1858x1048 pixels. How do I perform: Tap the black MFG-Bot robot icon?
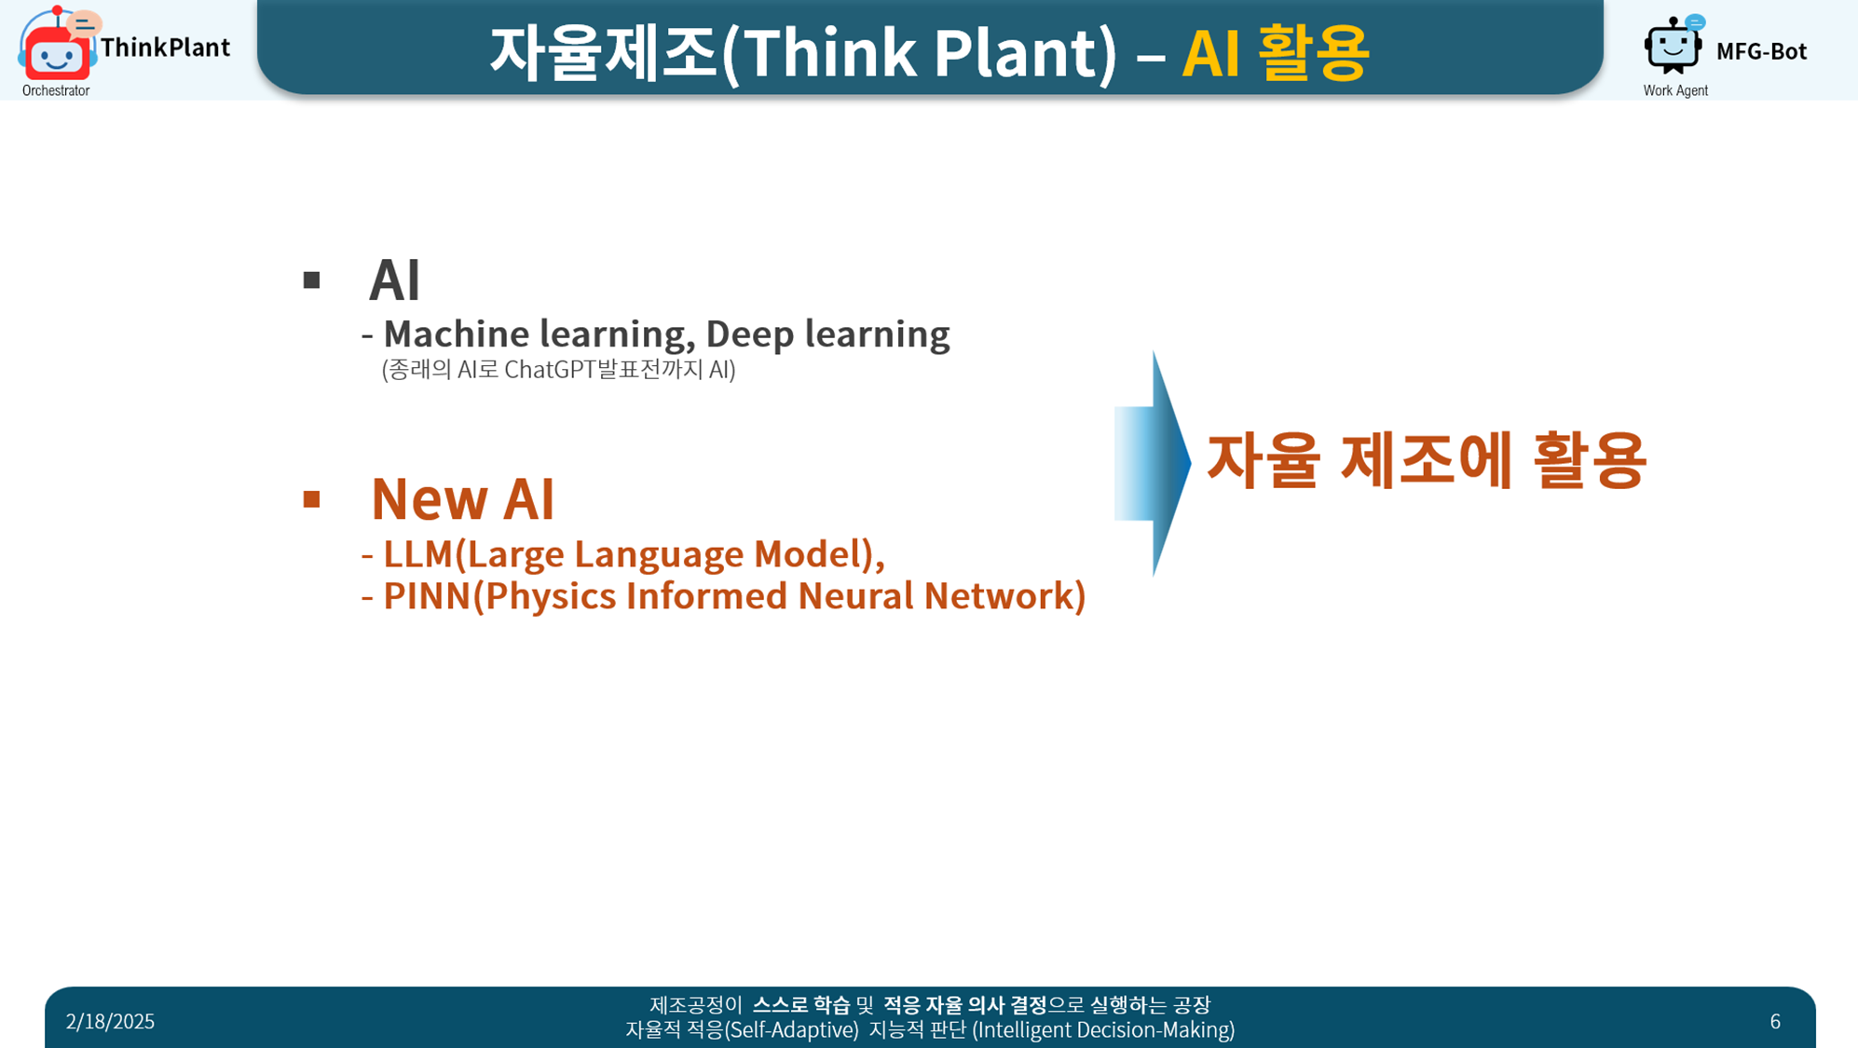click(x=1674, y=45)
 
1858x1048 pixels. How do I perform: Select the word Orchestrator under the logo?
click(x=56, y=90)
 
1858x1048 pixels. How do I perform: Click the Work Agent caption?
click(x=1675, y=90)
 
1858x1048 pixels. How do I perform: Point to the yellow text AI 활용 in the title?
click(x=1276, y=52)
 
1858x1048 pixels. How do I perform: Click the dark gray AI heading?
click(x=395, y=279)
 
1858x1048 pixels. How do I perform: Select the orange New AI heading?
click(x=462, y=498)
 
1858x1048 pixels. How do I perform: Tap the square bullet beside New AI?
click(x=311, y=499)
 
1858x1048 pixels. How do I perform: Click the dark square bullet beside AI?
click(x=311, y=279)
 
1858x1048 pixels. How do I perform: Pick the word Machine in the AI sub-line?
click(x=457, y=333)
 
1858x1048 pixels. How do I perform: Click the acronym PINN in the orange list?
click(x=428, y=596)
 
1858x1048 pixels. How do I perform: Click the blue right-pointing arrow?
click(x=1153, y=463)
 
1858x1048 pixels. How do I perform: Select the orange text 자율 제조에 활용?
click(x=1427, y=459)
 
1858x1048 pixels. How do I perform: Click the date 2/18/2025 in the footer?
click(x=110, y=1022)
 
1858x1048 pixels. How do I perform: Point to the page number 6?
click(x=1775, y=1022)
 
